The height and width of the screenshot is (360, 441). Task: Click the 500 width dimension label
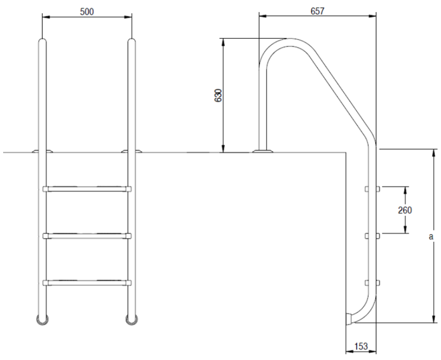click(87, 12)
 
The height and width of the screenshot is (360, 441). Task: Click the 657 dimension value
click(318, 11)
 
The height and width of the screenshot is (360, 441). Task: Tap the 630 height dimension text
click(218, 95)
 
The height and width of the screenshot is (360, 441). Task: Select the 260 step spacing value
click(405, 210)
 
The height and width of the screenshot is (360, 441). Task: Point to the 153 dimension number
click(361, 346)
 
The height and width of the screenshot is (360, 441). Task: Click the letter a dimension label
click(431, 237)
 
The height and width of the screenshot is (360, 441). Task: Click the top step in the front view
click(87, 189)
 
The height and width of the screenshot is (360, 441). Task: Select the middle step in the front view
click(87, 236)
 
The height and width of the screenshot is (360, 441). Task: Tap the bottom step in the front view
click(87, 283)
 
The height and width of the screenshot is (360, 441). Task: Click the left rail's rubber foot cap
click(42, 320)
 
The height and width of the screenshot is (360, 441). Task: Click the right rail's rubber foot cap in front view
click(132, 320)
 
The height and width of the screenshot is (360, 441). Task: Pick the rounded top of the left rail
click(42, 42)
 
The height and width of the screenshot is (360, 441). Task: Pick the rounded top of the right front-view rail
click(132, 42)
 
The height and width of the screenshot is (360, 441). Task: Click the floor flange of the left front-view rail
click(42, 151)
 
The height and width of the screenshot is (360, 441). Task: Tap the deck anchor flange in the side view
click(262, 151)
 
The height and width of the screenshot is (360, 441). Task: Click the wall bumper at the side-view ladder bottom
click(349, 319)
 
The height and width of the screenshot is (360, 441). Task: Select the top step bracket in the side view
click(372, 189)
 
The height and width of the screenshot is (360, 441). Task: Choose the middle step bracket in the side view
click(372, 236)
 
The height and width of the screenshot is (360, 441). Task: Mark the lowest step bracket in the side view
click(372, 283)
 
